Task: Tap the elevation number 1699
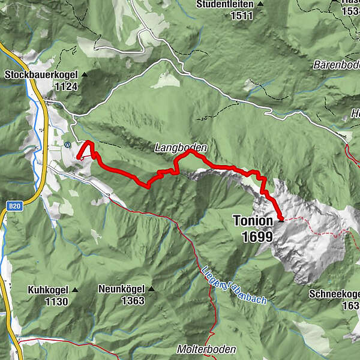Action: coord(258,236)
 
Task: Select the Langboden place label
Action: coord(181,148)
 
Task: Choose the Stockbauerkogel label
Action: coord(41,76)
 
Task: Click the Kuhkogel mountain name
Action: coord(47,290)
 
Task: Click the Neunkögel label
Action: coord(122,289)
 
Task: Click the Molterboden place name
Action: coord(206,349)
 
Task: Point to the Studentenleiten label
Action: coord(226,4)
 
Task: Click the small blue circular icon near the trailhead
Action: coord(67,144)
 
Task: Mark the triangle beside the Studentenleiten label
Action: coord(260,4)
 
